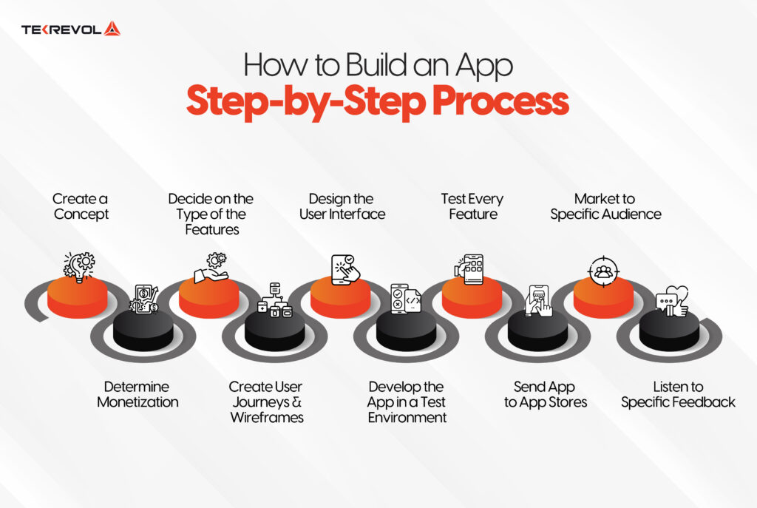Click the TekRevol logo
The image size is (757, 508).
(70, 30)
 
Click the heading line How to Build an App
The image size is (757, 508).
(378, 66)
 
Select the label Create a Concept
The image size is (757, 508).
(81, 206)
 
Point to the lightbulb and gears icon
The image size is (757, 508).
(79, 265)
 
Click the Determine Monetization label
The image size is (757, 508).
(138, 395)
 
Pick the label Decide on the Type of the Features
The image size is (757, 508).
(211, 214)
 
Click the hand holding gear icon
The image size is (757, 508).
(211, 268)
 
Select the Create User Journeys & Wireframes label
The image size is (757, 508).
(265, 402)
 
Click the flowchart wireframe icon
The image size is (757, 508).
(274, 299)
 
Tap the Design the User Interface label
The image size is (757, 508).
(342, 206)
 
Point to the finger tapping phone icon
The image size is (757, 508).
(344, 268)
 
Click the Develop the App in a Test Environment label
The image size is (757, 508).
(407, 402)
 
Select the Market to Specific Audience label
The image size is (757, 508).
(605, 206)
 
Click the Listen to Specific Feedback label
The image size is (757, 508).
(678, 395)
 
